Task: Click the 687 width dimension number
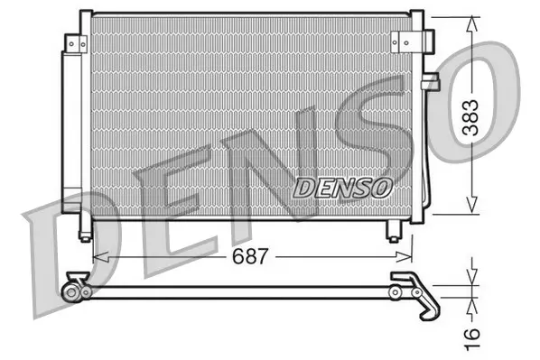pyautogui.click(x=249, y=256)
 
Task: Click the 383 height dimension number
pyautogui.click(x=470, y=117)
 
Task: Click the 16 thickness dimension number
pyautogui.click(x=471, y=339)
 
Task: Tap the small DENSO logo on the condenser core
pyautogui.click(x=343, y=189)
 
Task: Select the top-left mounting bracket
pyautogui.click(x=76, y=43)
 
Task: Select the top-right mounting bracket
pyautogui.click(x=413, y=42)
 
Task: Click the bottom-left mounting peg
pyautogui.click(x=86, y=231)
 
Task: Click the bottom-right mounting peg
pyautogui.click(x=394, y=231)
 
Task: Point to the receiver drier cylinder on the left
pyautogui.click(x=71, y=132)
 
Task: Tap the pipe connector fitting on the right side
pyautogui.click(x=431, y=81)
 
